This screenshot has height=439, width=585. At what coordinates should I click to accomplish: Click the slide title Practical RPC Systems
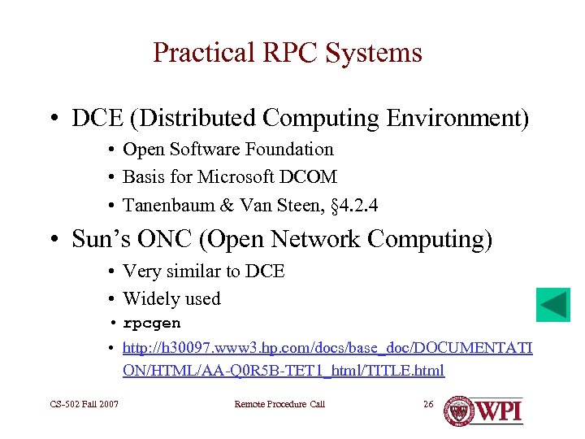(288, 53)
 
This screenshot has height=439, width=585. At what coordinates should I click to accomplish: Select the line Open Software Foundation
(227, 150)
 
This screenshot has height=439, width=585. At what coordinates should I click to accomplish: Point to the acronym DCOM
(309, 177)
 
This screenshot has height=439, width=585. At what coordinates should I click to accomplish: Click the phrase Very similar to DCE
(203, 271)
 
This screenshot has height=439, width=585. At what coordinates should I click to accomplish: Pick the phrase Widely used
(171, 299)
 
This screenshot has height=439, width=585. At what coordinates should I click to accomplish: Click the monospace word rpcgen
(152, 324)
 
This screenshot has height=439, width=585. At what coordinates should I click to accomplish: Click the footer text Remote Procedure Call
(279, 404)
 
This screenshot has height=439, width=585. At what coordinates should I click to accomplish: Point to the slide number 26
(430, 404)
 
